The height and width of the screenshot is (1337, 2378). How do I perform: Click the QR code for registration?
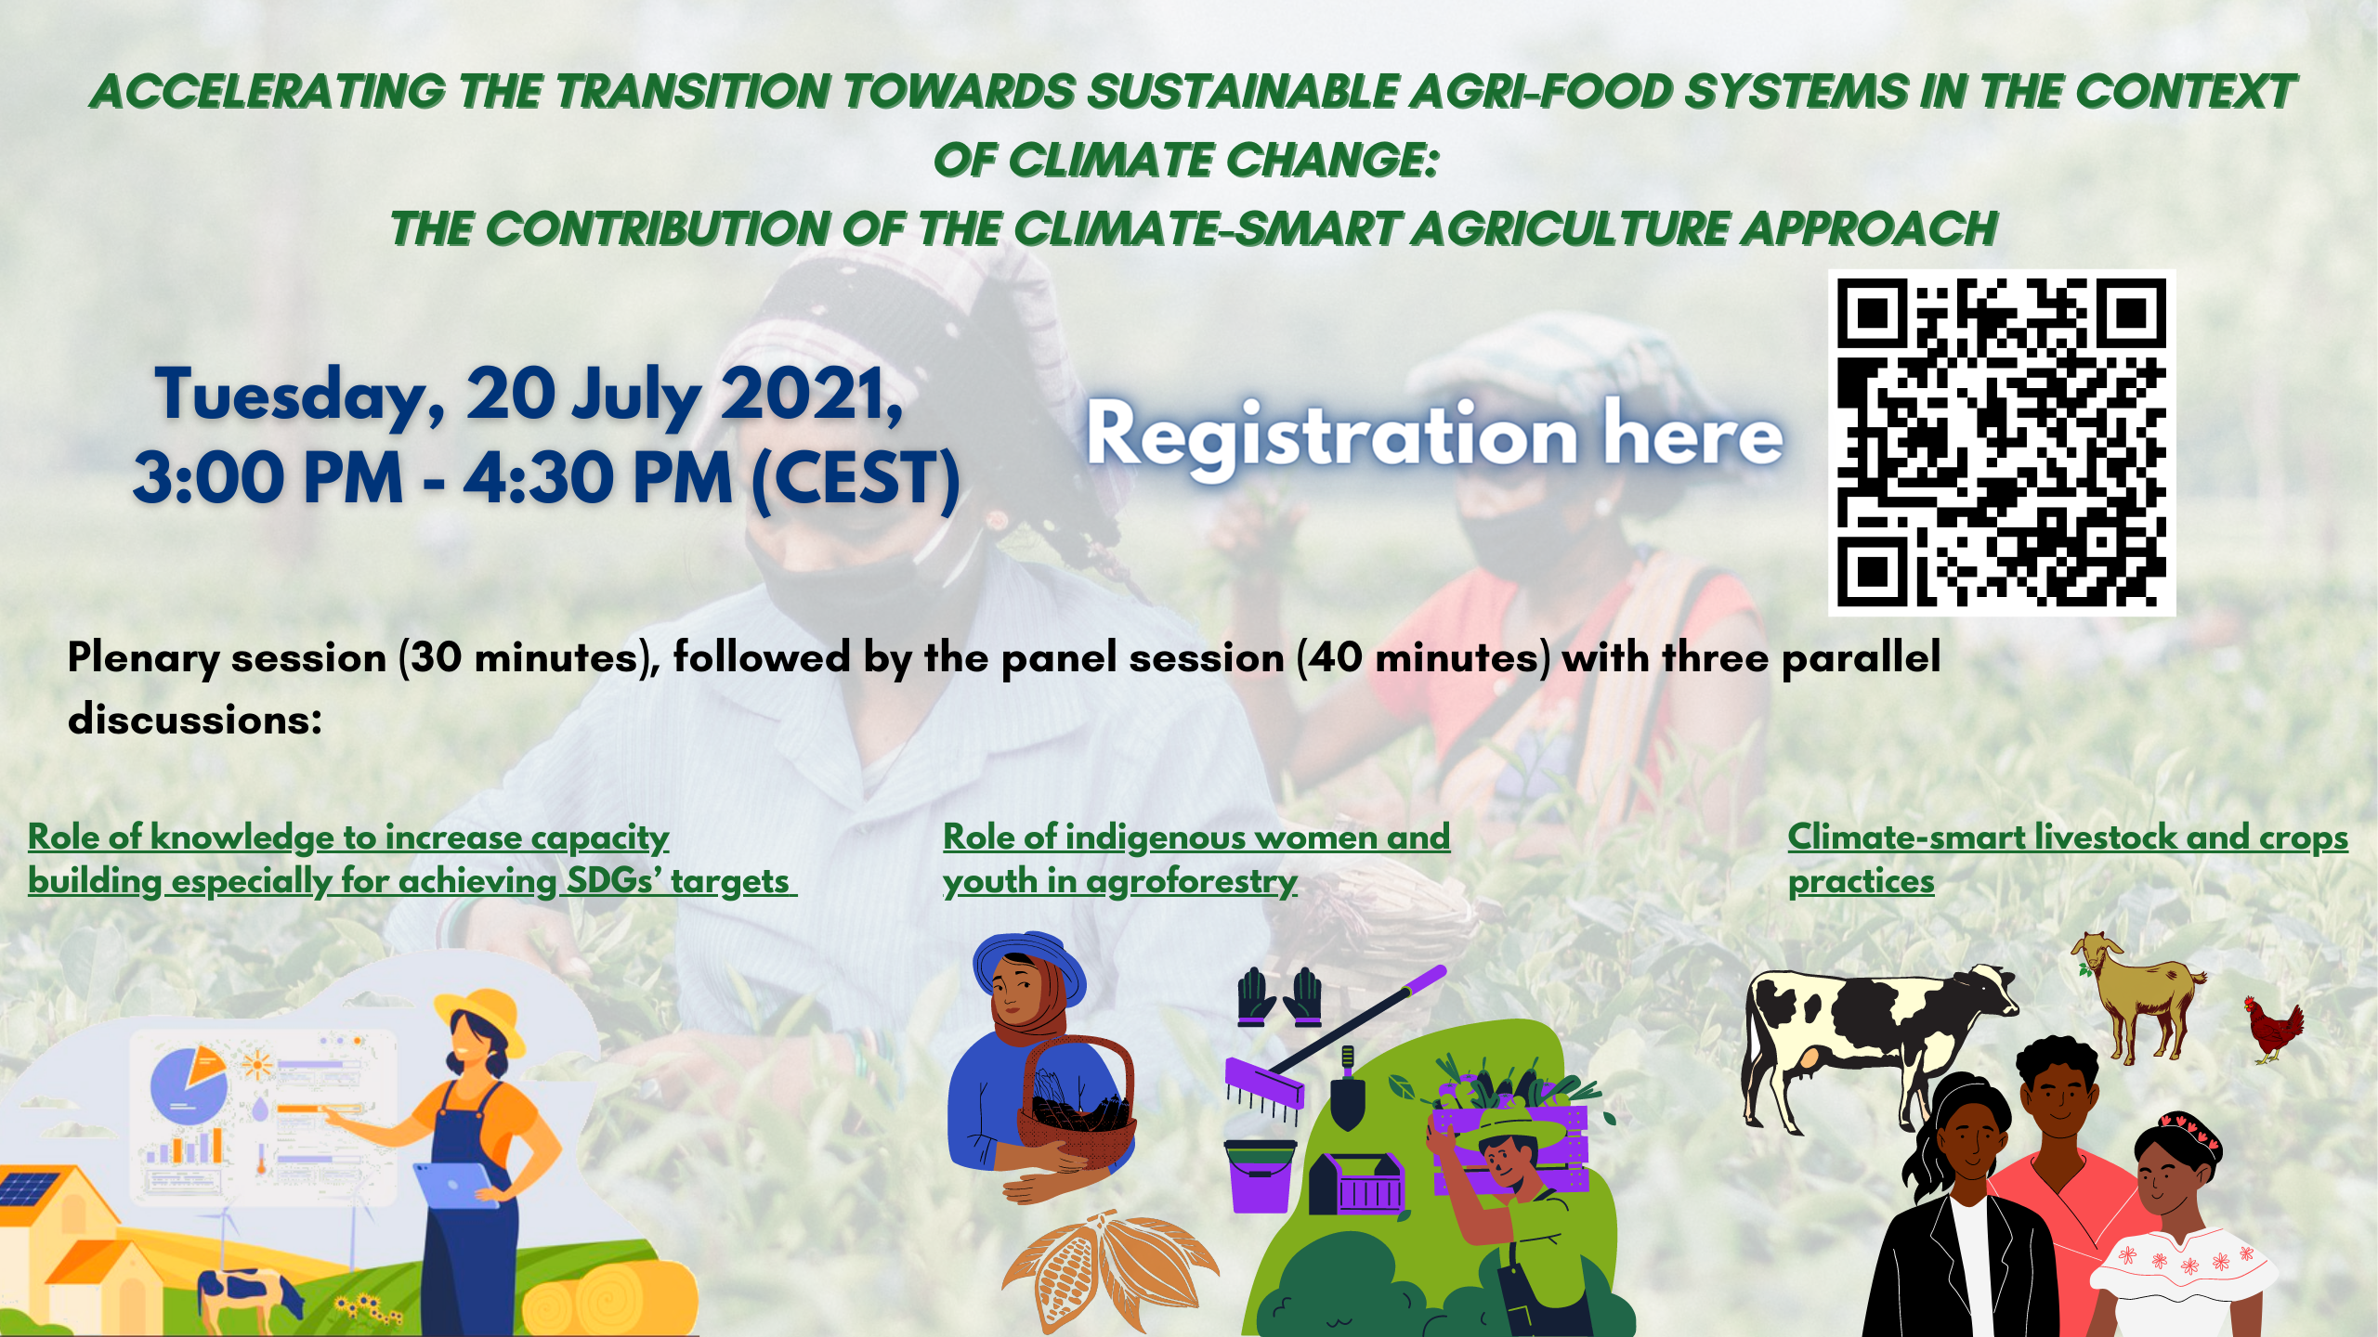click(2002, 443)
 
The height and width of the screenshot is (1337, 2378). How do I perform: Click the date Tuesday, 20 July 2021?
click(529, 395)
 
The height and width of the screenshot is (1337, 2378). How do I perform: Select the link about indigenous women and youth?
click(1196, 859)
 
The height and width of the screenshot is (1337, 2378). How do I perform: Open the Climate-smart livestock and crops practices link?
click(2068, 859)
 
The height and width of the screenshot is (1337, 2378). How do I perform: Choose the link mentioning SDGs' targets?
click(412, 859)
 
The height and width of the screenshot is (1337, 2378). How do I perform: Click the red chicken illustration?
click(2273, 1029)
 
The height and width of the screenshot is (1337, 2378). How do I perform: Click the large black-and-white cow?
click(1876, 1045)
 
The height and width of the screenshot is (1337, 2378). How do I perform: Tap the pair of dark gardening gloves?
click(1280, 997)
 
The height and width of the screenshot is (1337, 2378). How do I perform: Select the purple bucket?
click(1260, 1175)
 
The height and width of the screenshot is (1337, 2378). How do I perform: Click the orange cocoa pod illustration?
click(1110, 1268)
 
